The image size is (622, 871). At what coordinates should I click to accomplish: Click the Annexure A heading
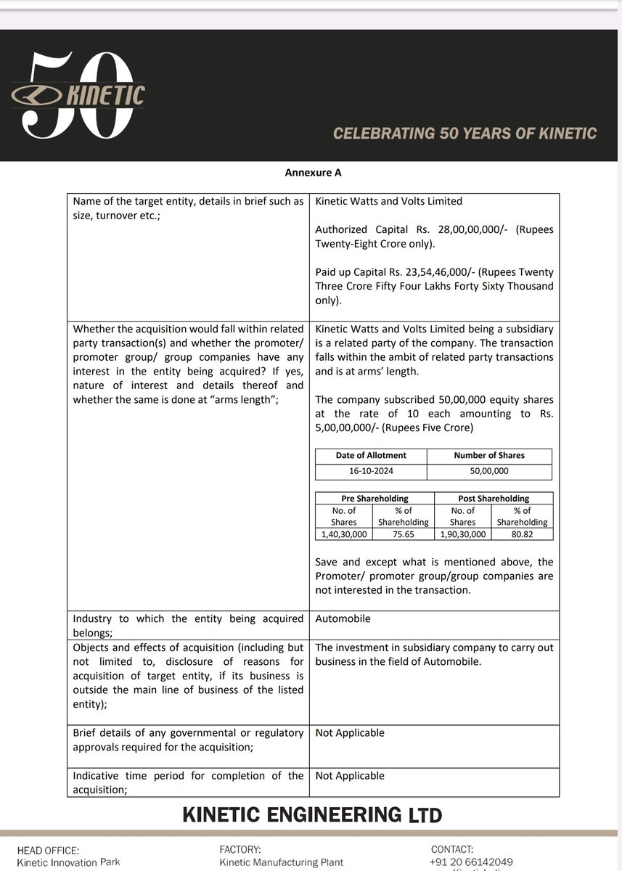coord(313,173)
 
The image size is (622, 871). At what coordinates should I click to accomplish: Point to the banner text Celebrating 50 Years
coord(465,134)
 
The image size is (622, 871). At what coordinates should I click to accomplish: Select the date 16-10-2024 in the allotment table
coord(371,471)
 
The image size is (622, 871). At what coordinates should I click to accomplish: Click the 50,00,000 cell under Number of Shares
coord(489,471)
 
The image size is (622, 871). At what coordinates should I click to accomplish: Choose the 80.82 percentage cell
coord(522,533)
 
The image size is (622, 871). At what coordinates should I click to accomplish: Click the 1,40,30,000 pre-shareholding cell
coord(344,533)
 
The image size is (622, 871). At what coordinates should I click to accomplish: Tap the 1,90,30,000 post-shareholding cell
coord(462,533)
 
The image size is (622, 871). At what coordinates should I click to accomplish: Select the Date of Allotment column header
coord(371,455)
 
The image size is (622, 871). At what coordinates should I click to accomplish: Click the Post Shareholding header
coord(494,499)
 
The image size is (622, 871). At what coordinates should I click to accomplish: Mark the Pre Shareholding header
coord(375,499)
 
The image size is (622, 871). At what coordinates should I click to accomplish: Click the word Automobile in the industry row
coord(343,619)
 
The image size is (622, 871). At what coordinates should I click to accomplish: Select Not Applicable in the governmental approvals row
coord(350,733)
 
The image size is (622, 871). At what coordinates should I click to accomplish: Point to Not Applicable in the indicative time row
coord(350,776)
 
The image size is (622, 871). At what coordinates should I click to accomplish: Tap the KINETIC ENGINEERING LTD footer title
coord(312,814)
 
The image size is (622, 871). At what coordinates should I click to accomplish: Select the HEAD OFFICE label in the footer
coord(48,850)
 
